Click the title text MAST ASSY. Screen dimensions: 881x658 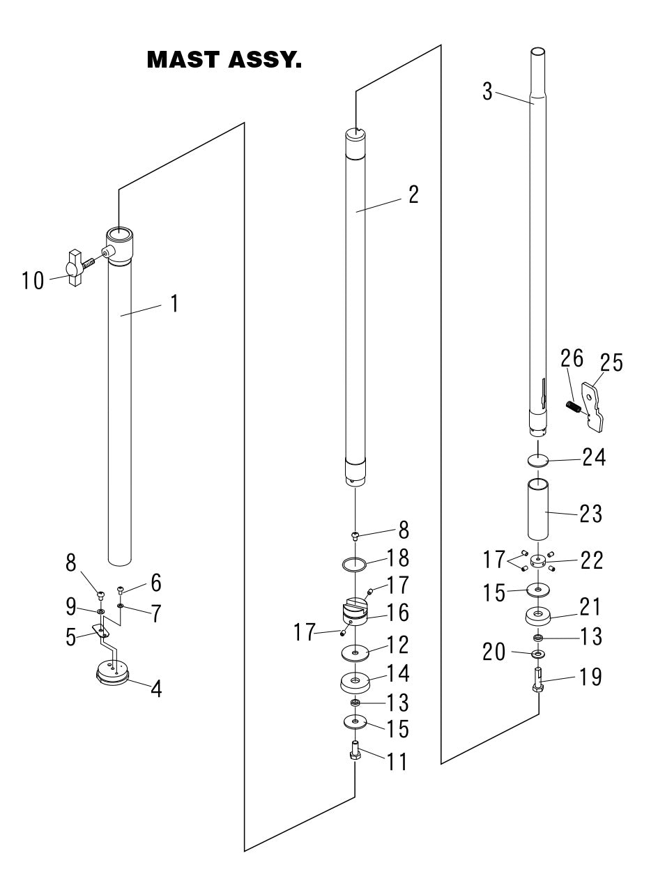coord(224,61)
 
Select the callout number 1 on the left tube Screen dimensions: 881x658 coord(174,304)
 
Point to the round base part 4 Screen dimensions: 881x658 coord(112,673)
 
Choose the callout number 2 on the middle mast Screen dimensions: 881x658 coord(413,194)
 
